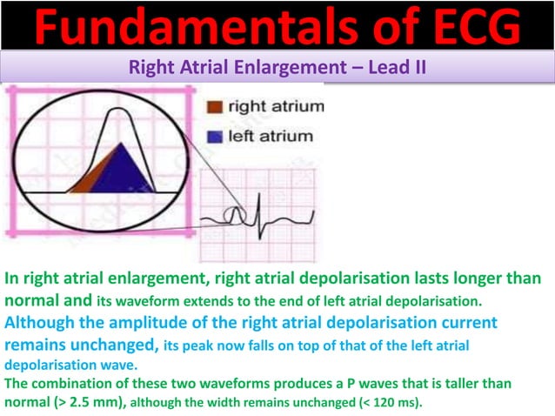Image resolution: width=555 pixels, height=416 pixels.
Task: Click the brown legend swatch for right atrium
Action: click(214, 108)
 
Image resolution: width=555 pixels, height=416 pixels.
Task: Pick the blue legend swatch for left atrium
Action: click(214, 137)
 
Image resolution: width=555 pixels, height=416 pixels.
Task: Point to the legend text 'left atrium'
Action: click(270, 137)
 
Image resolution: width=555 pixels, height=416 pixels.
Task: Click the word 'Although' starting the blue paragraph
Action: click(36, 321)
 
